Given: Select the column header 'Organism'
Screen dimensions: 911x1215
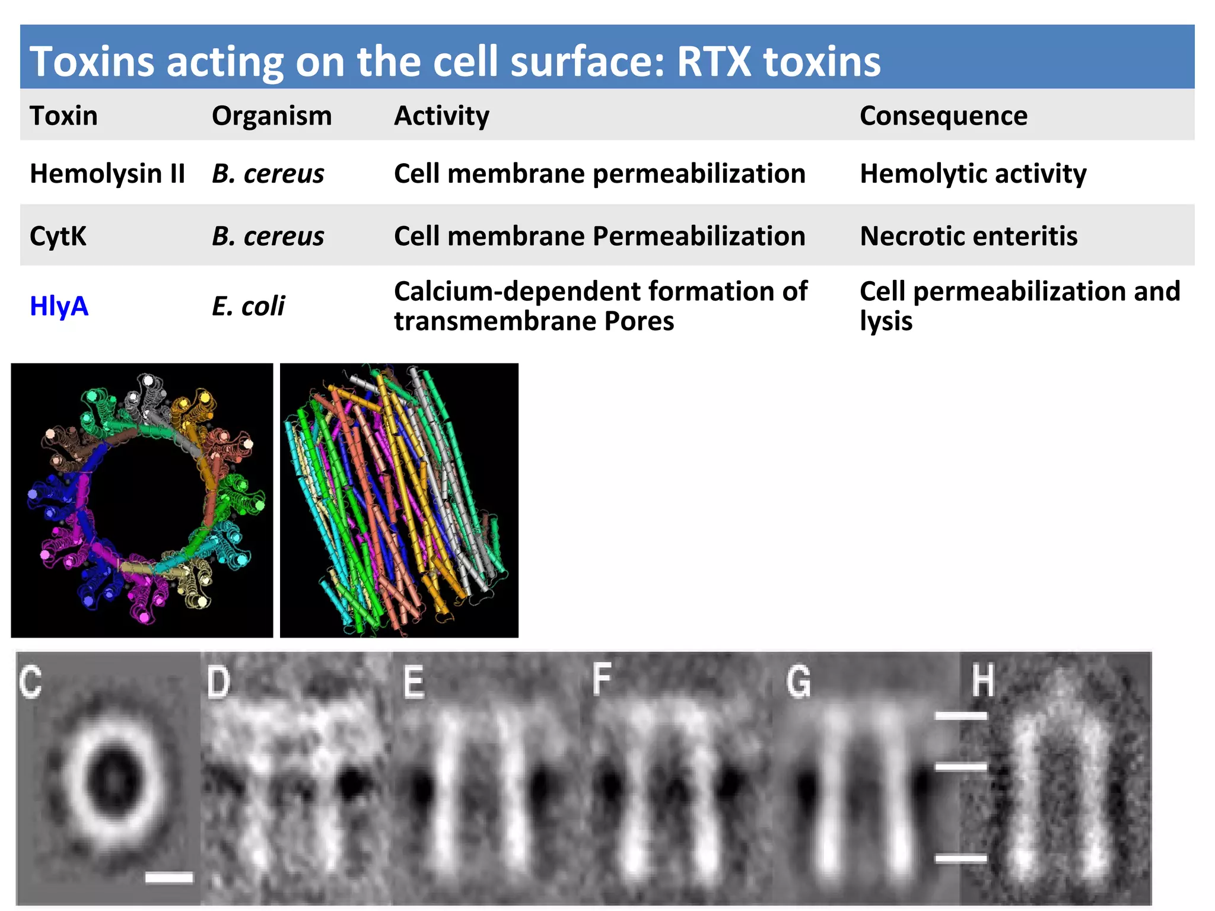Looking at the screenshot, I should click(x=272, y=116).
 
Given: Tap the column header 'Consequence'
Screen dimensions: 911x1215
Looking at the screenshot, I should click(x=943, y=116).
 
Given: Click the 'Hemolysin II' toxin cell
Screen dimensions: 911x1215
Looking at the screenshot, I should click(x=107, y=174).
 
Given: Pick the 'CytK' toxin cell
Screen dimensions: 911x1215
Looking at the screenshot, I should click(x=58, y=236).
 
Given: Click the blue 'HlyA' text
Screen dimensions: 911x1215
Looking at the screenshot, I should click(x=59, y=306).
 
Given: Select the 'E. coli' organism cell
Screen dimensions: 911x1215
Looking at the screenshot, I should click(x=248, y=307).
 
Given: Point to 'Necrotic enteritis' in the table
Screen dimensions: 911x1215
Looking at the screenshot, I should click(x=968, y=236).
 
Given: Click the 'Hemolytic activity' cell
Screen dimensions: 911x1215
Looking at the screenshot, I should click(x=973, y=174).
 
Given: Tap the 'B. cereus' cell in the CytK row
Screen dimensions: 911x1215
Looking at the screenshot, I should click(x=268, y=236).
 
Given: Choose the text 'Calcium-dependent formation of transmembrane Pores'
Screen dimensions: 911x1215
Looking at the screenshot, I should click(x=600, y=306).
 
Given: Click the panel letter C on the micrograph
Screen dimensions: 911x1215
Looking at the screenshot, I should click(x=30, y=681).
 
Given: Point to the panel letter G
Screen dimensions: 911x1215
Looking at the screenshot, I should click(x=799, y=681).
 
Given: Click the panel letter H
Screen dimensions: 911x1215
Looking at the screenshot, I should click(x=982, y=680).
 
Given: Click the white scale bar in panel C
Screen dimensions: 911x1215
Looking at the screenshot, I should click(x=169, y=877).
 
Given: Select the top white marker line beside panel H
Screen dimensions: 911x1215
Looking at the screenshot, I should click(x=960, y=716).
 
